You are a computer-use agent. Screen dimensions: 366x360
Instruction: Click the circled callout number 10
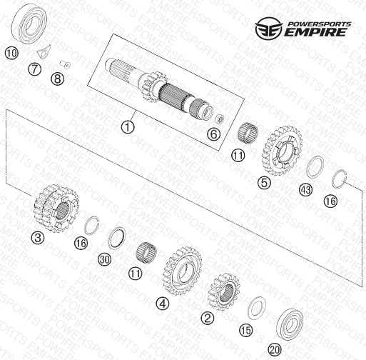pyautogui.click(x=11, y=53)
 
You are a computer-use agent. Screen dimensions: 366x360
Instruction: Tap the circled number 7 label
pyautogui.click(x=35, y=69)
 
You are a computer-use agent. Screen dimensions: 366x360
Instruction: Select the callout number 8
pyautogui.click(x=58, y=79)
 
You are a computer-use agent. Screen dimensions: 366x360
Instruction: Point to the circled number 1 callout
pyautogui.click(x=128, y=127)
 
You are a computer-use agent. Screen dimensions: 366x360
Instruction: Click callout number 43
pyautogui.click(x=305, y=190)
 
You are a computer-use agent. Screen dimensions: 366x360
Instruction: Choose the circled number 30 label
pyautogui.click(x=104, y=259)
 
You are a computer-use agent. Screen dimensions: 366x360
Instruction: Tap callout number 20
pyautogui.click(x=275, y=350)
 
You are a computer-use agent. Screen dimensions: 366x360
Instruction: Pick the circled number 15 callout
pyautogui.click(x=245, y=331)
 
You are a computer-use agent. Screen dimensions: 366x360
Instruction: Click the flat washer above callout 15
pyautogui.click(x=257, y=308)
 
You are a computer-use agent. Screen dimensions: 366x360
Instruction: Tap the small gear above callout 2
pyautogui.click(x=224, y=292)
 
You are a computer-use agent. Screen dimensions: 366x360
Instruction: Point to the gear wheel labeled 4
pyautogui.click(x=183, y=271)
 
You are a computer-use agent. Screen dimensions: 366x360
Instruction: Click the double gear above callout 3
pyautogui.click(x=56, y=209)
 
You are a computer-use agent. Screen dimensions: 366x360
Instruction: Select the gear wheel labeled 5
pyautogui.click(x=283, y=151)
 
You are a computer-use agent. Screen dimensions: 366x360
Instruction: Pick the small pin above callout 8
pyautogui.click(x=65, y=64)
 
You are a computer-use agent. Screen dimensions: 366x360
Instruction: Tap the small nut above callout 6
pyautogui.click(x=219, y=119)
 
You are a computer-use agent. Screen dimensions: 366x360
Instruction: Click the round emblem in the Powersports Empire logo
pyautogui.click(x=269, y=28)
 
